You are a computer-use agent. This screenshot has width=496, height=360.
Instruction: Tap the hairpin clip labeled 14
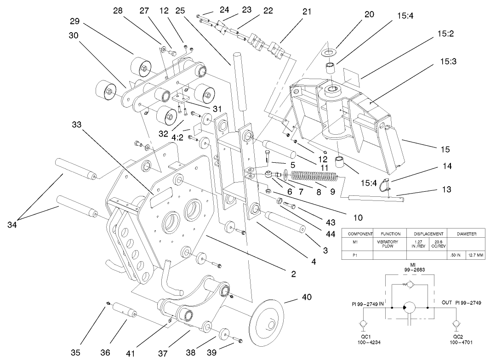coord(385,184)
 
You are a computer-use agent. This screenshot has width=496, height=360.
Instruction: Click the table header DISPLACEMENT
coord(428,234)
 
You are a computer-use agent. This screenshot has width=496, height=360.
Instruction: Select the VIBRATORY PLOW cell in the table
coord(388,244)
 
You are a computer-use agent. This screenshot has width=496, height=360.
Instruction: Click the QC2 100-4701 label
coord(457,339)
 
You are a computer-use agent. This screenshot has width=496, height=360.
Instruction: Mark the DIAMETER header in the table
coord(466,234)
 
